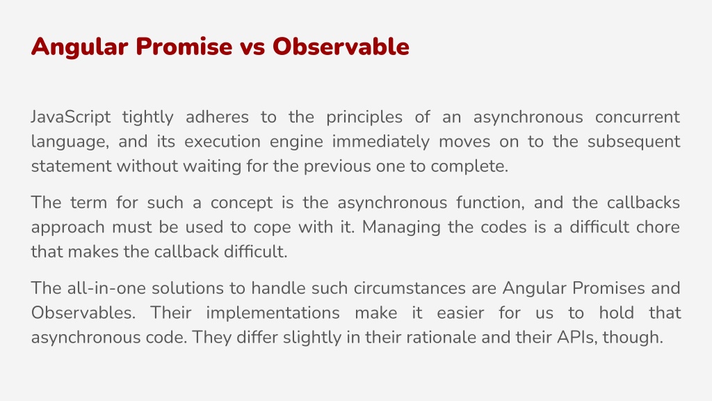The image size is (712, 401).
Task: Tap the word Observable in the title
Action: (341, 47)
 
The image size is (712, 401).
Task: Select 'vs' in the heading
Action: (252, 47)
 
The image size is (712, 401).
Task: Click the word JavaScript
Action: (71, 117)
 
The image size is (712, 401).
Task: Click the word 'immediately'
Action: (380, 142)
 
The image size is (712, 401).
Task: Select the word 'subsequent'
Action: (633, 142)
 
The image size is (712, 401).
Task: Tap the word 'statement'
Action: (72, 166)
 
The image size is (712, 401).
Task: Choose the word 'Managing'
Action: (406, 228)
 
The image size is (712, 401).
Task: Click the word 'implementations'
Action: (273, 313)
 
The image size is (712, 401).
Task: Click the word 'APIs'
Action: (586, 337)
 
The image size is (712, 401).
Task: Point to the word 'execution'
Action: (222, 142)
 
